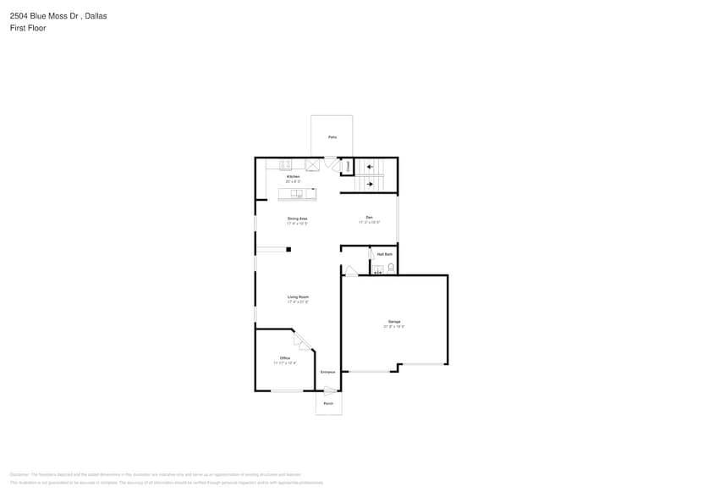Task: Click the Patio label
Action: (332, 137)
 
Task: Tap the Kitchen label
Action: (293, 176)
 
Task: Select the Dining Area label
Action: (297, 219)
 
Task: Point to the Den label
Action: (369, 219)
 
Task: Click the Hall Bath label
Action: (384, 254)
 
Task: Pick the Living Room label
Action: (297, 297)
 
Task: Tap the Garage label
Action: (394, 321)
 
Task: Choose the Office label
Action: (285, 357)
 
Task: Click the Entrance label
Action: (327, 373)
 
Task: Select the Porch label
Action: (328, 403)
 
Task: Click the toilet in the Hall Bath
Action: (391, 268)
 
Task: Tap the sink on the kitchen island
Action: (297, 194)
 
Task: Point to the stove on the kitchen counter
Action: (286, 164)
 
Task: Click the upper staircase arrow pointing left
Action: (370, 167)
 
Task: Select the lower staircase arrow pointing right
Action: (370, 183)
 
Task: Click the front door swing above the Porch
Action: (330, 390)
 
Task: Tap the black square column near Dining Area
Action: (288, 249)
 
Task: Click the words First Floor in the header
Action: (28, 28)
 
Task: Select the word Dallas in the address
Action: (96, 16)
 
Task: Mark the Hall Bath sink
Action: (379, 269)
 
